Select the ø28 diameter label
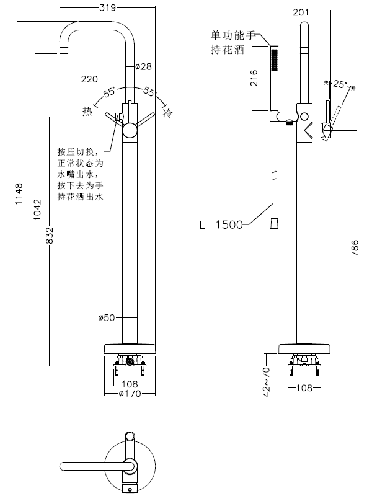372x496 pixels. coord(143,66)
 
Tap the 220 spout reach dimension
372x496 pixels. coord(89,79)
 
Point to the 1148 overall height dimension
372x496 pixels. coord(18,194)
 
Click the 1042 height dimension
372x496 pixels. coord(37,211)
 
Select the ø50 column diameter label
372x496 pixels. coord(107,318)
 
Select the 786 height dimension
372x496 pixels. coord(354,248)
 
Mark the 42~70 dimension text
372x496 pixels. coord(267,380)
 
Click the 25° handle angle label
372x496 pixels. coord(340,84)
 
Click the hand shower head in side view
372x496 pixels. coord(275,77)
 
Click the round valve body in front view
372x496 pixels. coord(131,130)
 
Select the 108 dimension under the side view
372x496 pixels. coord(304,388)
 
